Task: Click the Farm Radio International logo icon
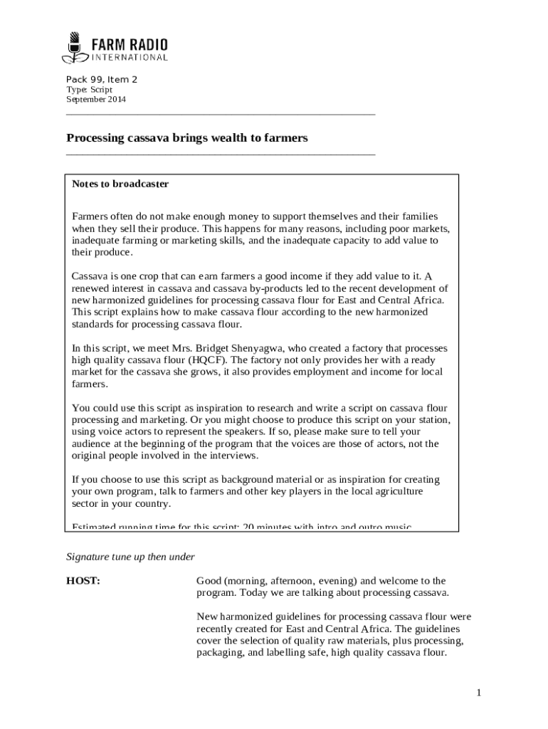pos(74,47)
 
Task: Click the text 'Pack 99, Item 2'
pos(102,80)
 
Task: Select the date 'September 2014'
pos(96,100)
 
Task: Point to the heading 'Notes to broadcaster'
pos(120,184)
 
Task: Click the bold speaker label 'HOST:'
pos(83,581)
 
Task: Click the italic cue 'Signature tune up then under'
pos(130,557)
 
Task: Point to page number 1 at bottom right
pos(480,693)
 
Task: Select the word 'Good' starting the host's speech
pos(209,581)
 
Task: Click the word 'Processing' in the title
pos(95,138)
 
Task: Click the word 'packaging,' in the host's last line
pos(219,651)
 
